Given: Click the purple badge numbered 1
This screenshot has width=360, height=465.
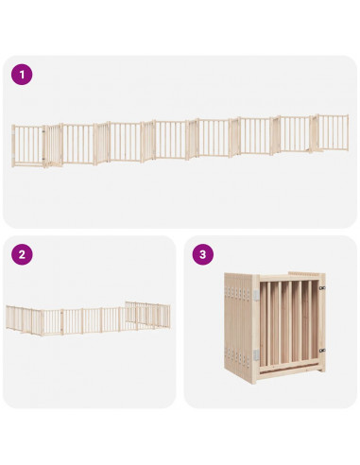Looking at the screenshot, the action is pos(22,75).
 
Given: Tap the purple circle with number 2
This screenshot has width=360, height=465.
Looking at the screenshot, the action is pos(22,254).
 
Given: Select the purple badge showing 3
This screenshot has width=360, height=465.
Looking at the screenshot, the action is pos(203,254).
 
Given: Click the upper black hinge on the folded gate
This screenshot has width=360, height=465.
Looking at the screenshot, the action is pos(322,287).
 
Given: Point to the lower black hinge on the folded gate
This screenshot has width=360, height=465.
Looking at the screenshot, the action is pos(322,350).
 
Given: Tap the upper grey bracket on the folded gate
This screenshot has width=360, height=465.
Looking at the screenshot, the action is pos(256,295).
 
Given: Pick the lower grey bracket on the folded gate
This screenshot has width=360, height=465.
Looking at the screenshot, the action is pos(256,355).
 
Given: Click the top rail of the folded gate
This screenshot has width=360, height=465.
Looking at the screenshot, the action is pos(289,278).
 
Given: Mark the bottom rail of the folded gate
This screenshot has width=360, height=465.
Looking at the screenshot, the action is pos(289,367).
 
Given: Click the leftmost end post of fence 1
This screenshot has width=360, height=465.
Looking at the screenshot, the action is pos(13,146).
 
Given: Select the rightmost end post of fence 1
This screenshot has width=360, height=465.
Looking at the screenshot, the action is pos(348,132).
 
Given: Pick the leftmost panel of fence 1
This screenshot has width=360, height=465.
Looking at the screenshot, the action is pos(28,146).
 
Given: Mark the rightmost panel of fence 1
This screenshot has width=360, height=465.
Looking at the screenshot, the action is pos(333,132).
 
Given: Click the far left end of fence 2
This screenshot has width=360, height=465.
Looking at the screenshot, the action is pos(7,317).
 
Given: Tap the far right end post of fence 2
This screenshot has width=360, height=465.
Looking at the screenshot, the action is pos(169,317).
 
